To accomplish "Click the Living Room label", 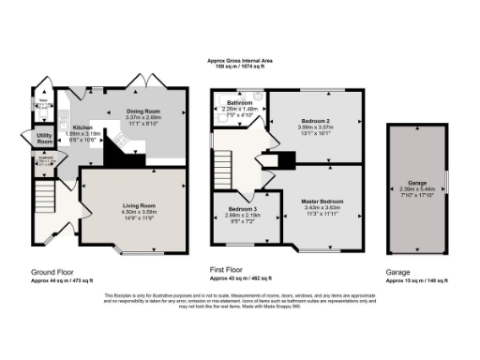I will click(139, 203).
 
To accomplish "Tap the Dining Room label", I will click(143, 112).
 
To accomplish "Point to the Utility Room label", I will click(43, 138).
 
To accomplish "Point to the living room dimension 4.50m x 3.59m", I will click(139, 211).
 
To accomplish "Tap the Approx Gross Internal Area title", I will click(240, 62).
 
